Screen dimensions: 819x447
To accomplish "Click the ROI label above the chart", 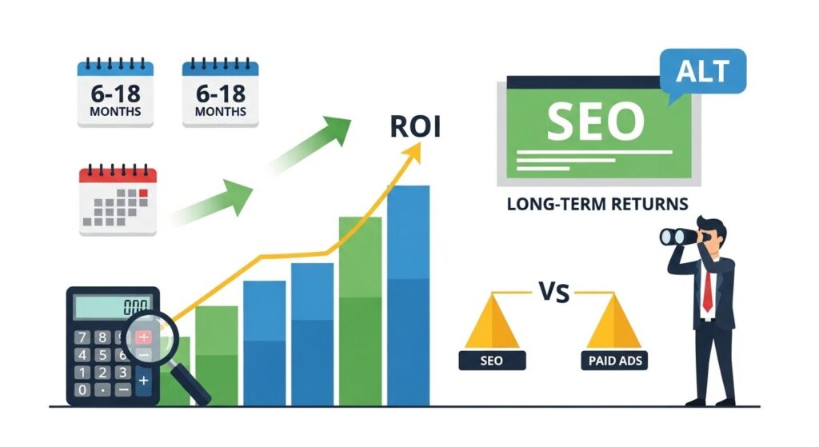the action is (415, 126).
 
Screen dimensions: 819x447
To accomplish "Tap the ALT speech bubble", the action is (703, 72).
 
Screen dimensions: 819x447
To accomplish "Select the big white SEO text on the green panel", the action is (595, 122).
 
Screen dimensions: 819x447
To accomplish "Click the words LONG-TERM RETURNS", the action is (597, 204).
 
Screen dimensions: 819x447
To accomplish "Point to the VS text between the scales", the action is (554, 293).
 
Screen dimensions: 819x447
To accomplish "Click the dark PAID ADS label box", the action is (614, 361).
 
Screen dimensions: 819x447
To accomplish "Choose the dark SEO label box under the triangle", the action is (492, 361).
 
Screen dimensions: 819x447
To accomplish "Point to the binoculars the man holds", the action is (678, 237).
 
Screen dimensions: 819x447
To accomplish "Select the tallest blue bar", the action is (408, 296).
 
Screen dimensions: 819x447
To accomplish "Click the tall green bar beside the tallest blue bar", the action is (360, 311).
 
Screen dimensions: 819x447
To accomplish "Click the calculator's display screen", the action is (113, 306).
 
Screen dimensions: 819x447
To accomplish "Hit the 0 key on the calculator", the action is (82, 389).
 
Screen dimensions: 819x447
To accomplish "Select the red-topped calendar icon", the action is (118, 200).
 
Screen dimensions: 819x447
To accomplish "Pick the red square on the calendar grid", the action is (144, 194).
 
